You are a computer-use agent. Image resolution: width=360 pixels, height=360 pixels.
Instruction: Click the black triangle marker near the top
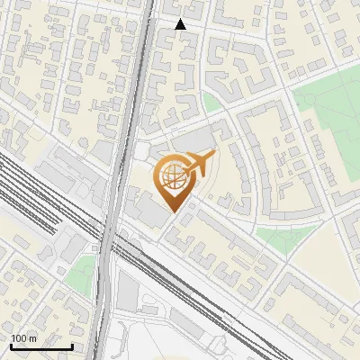click(180, 24)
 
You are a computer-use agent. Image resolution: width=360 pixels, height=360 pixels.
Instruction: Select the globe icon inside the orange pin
click(175, 176)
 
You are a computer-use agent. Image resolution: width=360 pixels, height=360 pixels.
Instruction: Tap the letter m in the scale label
click(33, 338)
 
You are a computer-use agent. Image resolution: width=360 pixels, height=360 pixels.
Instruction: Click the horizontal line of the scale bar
click(40, 346)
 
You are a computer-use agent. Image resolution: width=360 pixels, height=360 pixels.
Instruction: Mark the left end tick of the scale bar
click(10, 345)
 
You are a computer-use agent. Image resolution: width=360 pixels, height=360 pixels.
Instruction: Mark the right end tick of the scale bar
click(72, 345)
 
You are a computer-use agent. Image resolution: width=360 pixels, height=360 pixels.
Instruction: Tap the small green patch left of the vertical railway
click(84, 267)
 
